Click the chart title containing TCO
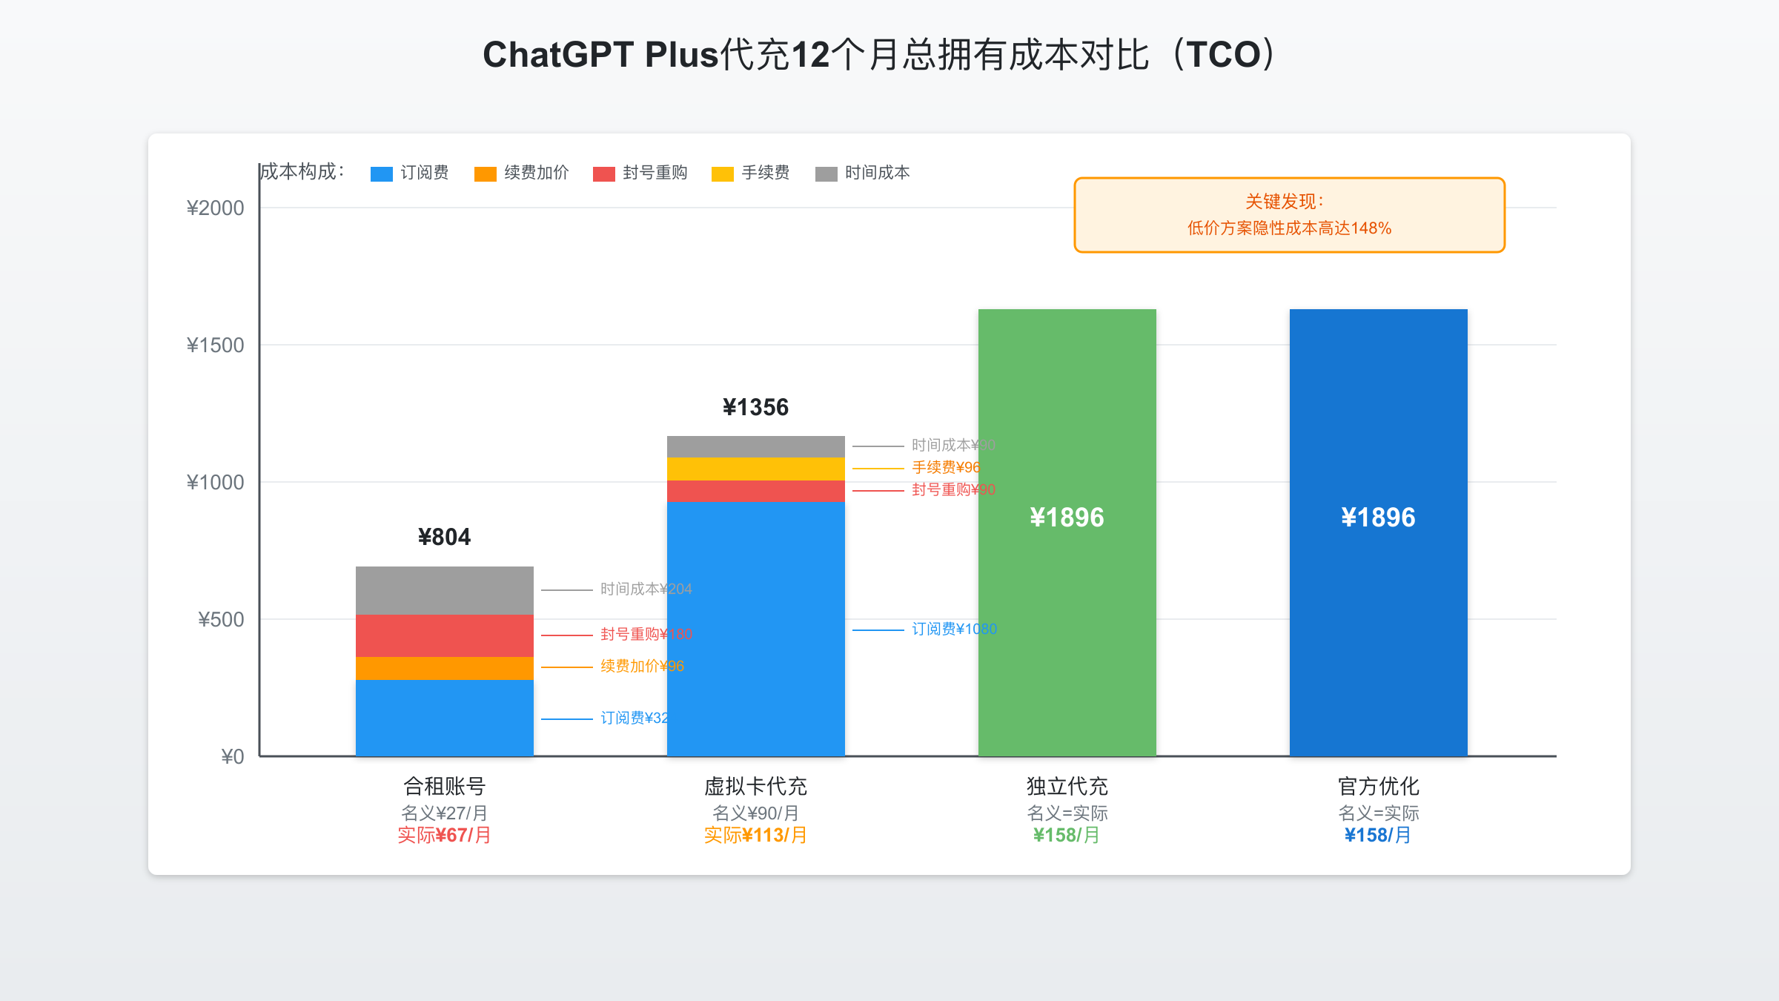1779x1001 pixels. (882, 55)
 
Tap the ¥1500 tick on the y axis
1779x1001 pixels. (215, 346)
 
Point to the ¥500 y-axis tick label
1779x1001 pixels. (221, 620)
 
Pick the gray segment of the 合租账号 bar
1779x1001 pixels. (444, 591)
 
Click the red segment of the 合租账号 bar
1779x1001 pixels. (444, 636)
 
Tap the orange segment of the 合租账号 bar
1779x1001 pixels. (444, 669)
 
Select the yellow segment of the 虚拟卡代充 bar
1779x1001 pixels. (755, 469)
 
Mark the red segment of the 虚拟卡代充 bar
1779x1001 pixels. (755, 492)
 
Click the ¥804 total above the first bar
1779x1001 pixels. (444, 537)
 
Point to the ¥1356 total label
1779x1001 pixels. (755, 407)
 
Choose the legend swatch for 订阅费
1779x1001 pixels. (381, 174)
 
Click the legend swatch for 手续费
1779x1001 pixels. (722, 174)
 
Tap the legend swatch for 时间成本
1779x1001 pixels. (826, 174)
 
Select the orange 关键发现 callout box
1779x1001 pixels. (1289, 215)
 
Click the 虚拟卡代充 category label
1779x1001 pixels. (755, 786)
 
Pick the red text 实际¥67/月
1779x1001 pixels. (444, 836)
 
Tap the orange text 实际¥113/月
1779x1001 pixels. (755, 836)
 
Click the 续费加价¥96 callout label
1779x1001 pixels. (642, 667)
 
